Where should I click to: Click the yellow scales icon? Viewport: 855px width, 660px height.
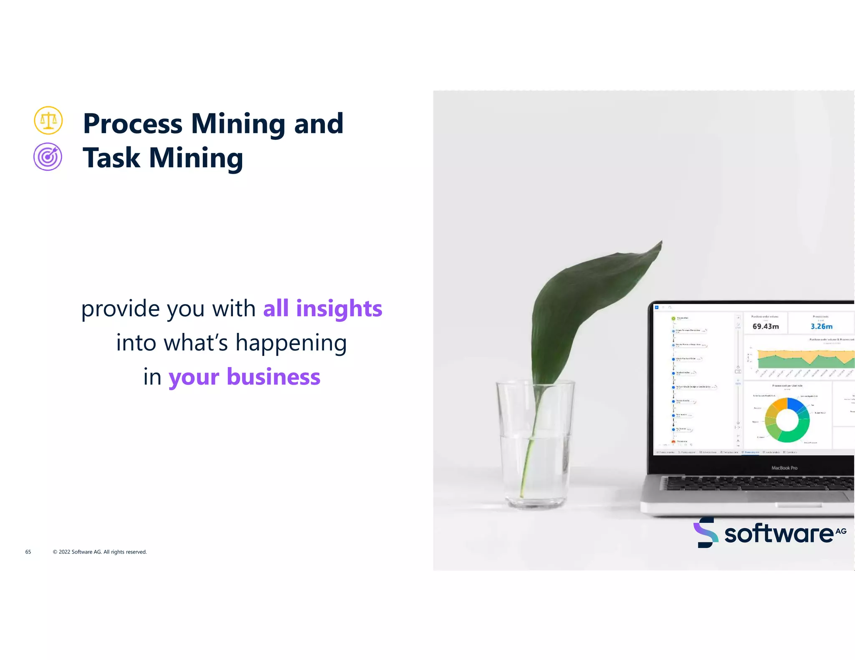48,121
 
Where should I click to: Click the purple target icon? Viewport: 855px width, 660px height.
48,157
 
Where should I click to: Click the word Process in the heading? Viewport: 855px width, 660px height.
133,124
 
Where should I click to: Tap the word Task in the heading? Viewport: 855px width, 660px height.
111,158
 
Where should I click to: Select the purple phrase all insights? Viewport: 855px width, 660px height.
322,309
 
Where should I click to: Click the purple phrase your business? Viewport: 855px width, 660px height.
244,377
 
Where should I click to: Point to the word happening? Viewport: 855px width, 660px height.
291,343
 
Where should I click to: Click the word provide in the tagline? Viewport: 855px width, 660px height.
121,309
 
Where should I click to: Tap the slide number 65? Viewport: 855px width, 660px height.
28,552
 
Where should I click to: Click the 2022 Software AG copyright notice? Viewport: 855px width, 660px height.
100,552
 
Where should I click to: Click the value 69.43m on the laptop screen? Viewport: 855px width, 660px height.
765,327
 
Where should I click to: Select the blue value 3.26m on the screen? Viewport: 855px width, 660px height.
821,327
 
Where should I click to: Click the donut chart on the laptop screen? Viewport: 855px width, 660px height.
787,420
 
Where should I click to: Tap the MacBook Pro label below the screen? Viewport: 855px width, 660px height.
784,468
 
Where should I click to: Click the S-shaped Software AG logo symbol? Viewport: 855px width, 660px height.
706,533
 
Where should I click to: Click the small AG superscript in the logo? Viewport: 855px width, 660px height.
841,531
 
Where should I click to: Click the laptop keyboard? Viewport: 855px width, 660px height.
756,484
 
